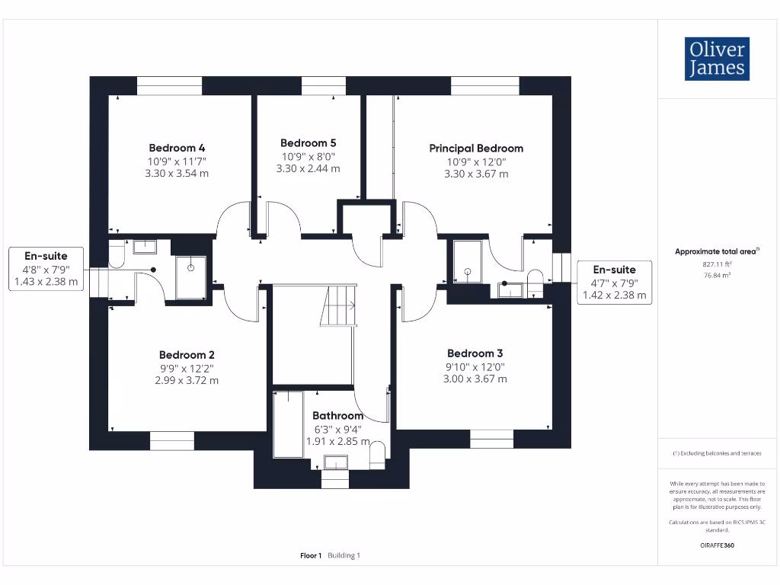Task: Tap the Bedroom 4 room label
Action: (177, 148)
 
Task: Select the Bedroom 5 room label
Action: (308, 143)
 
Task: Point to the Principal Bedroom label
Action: (476, 149)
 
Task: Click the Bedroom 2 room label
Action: (187, 355)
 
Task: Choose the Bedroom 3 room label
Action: (475, 353)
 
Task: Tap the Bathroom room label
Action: (337, 416)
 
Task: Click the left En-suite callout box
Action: (46, 269)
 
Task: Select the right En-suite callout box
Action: (614, 282)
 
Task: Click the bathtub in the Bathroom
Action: (288, 424)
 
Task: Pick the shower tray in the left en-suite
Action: (190, 277)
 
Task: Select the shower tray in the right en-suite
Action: (467, 261)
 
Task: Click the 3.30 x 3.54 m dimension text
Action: (177, 174)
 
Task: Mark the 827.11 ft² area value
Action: (716, 264)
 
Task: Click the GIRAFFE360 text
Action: (716, 545)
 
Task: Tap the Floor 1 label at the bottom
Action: (311, 556)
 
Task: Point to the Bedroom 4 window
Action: (170, 86)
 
